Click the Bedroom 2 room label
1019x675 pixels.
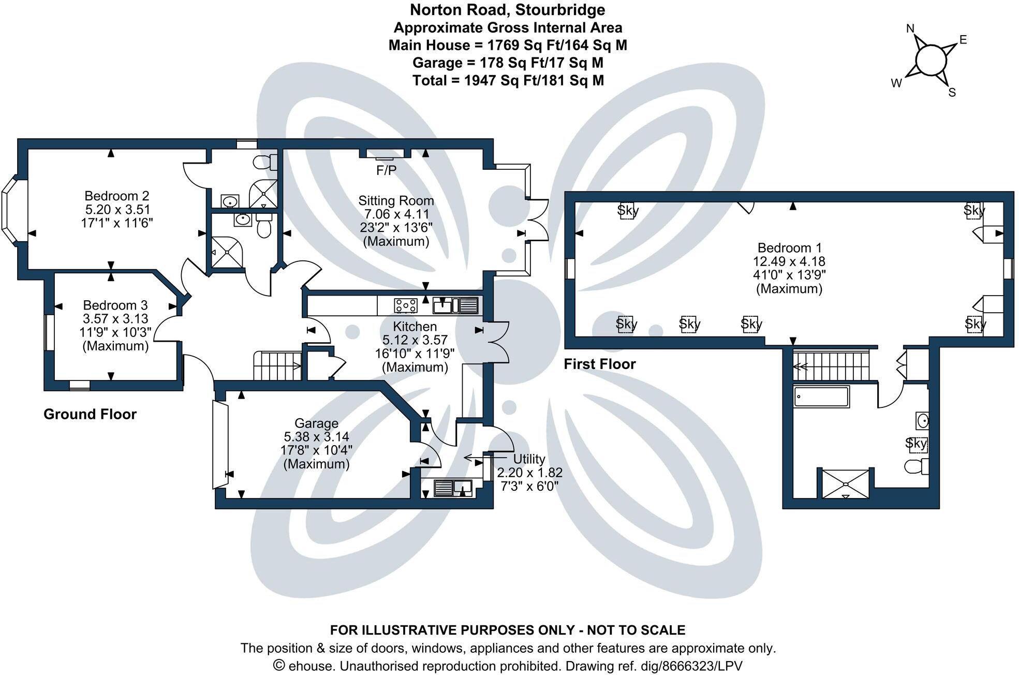click(117, 196)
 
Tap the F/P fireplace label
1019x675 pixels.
click(386, 171)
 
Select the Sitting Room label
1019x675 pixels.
click(396, 201)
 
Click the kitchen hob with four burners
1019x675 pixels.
click(405, 305)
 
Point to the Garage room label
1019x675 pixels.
click(316, 423)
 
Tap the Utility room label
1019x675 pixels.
click(529, 459)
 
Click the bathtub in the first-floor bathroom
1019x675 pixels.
click(821, 397)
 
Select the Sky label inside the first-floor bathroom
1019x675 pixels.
click(916, 444)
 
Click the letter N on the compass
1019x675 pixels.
click(911, 29)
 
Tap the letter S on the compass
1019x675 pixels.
click(952, 93)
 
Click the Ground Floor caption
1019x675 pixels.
click(90, 414)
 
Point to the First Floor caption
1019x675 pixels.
click(599, 364)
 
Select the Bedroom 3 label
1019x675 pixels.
click(115, 305)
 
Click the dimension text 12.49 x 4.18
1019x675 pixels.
click(789, 261)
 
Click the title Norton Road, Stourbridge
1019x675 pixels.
click(508, 10)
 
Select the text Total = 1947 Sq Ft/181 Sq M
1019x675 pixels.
click(508, 80)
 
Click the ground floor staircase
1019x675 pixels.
click(277, 365)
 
